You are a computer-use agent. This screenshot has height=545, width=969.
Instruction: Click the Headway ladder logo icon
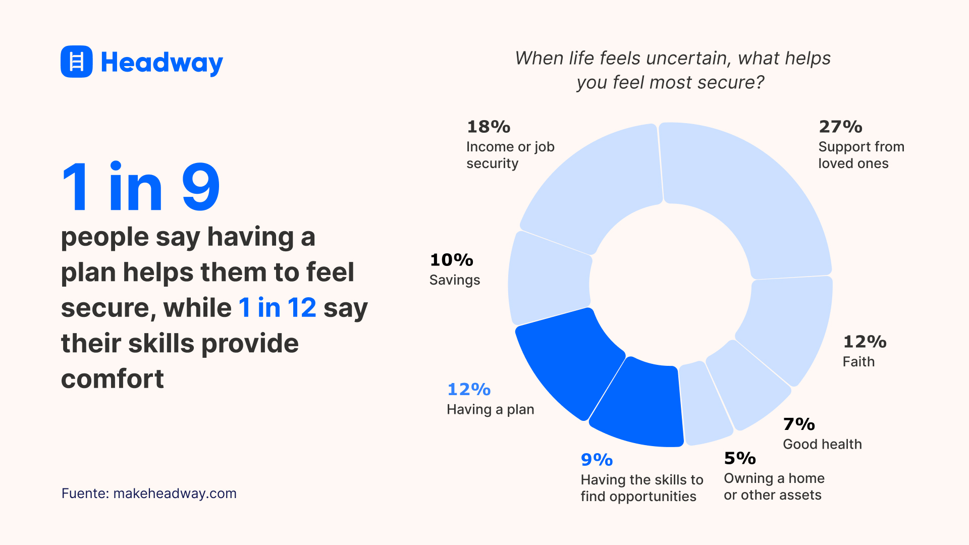76,62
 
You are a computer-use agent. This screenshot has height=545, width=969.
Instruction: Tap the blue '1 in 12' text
277,308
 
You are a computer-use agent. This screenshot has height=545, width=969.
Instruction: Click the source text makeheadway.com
175,494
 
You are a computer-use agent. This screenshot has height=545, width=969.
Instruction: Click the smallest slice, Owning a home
704,404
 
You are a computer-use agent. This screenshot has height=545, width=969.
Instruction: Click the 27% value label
840,127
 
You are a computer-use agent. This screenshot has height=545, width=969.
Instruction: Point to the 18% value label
489,127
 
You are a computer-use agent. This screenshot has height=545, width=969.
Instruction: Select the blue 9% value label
597,460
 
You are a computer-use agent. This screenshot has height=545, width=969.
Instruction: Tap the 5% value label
740,458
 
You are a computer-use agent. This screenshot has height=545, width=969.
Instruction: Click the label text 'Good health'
822,445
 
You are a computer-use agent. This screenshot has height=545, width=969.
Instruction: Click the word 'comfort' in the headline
112,379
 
